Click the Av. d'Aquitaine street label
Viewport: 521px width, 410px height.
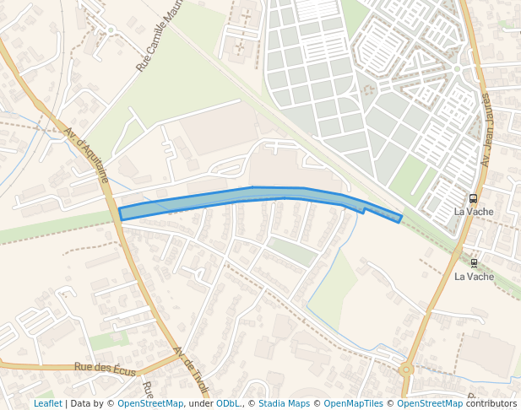(87, 155)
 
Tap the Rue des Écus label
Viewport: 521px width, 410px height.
(105, 367)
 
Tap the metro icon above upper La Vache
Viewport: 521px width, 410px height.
(473, 198)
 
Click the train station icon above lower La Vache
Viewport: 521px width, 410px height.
(474, 263)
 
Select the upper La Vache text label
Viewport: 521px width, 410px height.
(474, 212)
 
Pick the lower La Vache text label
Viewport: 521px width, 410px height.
(474, 276)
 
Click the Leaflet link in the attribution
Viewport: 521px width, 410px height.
(47, 403)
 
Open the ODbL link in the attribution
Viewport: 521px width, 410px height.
(227, 403)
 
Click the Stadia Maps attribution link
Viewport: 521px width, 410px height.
(284, 403)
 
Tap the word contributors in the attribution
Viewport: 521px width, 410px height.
(491, 403)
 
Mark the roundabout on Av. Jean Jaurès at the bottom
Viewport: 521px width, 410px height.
(408, 369)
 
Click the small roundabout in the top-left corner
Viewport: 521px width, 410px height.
(111, 30)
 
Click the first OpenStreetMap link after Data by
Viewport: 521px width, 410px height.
(149, 403)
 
